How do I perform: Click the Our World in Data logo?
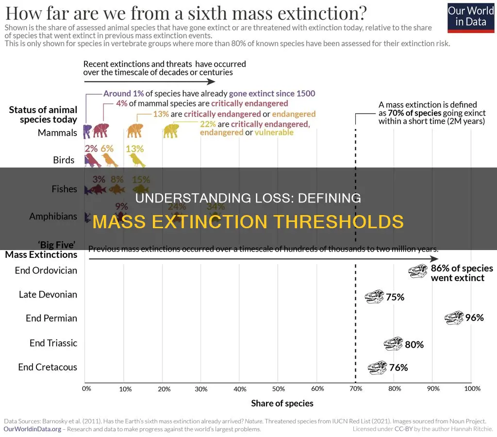coord(470,17)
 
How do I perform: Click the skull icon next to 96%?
coord(454,318)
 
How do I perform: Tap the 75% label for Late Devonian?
coord(395,297)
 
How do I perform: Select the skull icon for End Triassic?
coord(393,344)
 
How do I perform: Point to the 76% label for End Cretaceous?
coord(398,368)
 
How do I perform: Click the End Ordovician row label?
coord(46,270)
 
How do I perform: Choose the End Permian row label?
coord(51,318)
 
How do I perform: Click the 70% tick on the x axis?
coord(356,388)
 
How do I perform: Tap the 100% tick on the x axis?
coord(472,388)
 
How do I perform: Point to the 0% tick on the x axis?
coord(86,388)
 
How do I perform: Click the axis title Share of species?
coord(282,403)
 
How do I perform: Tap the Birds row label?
coord(64,160)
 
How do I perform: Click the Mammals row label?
coord(57,133)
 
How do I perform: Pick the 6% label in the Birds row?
coord(107,149)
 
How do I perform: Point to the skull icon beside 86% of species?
coord(417,271)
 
